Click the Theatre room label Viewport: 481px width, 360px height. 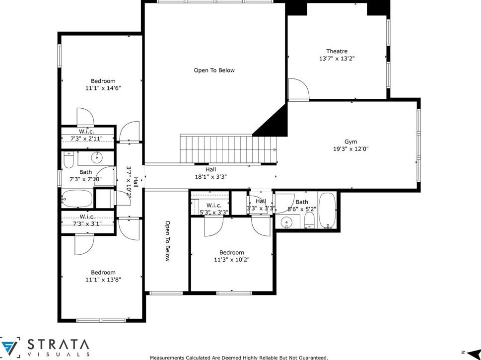pos(337,51)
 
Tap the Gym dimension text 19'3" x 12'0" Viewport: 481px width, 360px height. pos(350,148)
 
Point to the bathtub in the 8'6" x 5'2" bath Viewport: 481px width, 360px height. pos(328,210)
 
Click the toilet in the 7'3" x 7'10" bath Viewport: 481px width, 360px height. pos(69,160)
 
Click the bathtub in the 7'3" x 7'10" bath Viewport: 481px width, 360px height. pos(77,199)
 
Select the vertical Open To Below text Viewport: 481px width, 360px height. pos(167,241)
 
